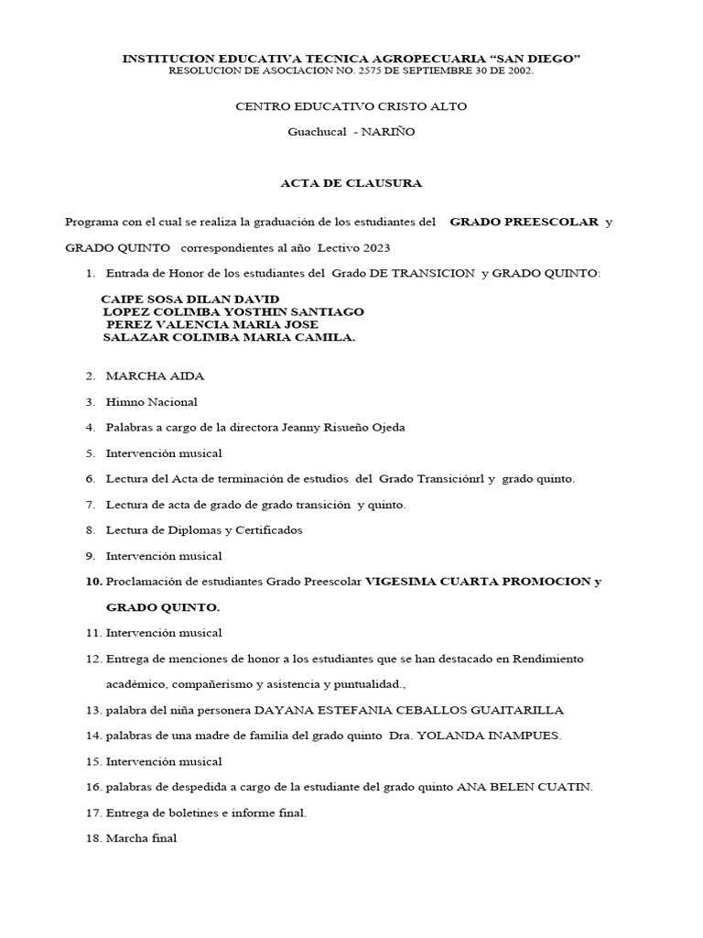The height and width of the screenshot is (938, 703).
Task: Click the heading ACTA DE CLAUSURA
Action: tap(351, 183)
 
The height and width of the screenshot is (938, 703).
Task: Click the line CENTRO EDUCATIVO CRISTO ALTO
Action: tap(351, 106)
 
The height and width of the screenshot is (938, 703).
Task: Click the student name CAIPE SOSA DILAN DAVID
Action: tap(189, 300)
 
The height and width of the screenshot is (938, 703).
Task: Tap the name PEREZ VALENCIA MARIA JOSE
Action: tap(212, 324)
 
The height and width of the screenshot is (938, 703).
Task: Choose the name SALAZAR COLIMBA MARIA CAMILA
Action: tap(229, 337)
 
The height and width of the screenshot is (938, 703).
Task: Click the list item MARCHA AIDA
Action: tap(155, 376)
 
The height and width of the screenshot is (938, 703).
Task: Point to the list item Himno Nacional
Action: tap(151, 401)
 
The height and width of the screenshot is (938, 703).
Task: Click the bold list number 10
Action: tap(94, 582)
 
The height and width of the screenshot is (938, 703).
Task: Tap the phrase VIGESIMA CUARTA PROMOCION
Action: tap(477, 582)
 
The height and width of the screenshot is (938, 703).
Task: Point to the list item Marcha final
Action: tap(141, 838)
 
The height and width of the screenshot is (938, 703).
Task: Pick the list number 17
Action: tap(93, 813)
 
